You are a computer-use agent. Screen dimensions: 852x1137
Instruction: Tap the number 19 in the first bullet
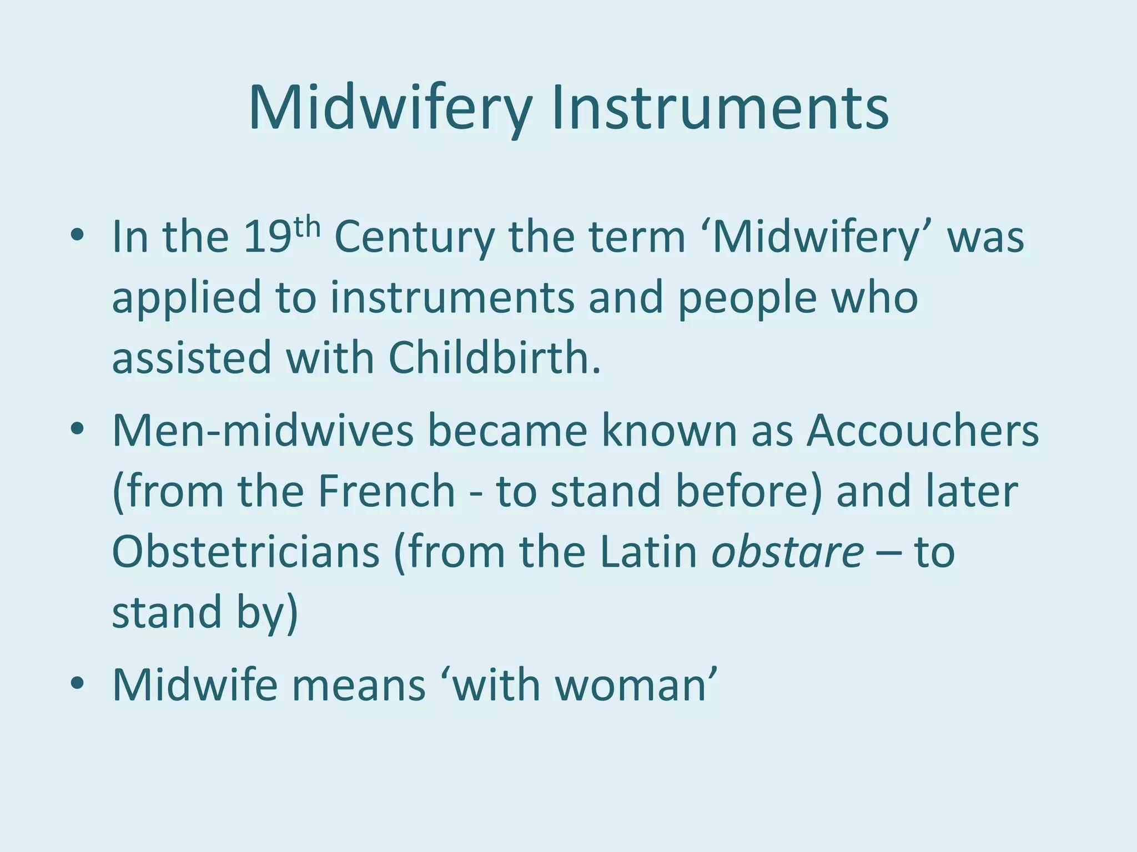click(x=267, y=237)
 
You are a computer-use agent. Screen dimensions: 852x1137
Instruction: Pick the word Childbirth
click(x=494, y=358)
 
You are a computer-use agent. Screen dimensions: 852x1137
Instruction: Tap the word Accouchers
click(x=922, y=431)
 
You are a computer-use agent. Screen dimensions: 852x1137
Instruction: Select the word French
click(x=386, y=491)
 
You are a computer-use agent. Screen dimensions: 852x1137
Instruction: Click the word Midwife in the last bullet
click(x=194, y=686)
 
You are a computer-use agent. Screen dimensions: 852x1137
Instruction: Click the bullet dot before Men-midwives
click(x=77, y=431)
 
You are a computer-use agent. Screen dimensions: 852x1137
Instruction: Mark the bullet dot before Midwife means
click(x=77, y=686)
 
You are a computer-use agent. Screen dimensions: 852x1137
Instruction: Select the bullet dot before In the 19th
click(x=77, y=237)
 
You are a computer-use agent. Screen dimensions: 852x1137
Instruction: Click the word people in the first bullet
click(x=747, y=298)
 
